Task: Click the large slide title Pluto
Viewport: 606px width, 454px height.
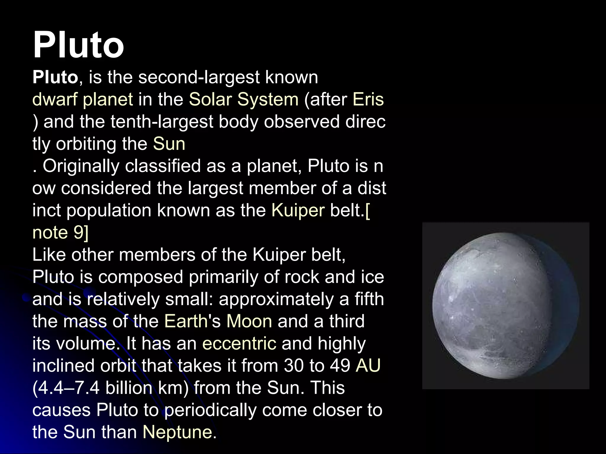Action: [78, 45]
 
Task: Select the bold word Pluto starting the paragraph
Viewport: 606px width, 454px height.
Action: [55, 77]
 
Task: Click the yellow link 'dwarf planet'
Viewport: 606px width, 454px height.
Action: [83, 100]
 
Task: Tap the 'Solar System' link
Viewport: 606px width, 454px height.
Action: [244, 100]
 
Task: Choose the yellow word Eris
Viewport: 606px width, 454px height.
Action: [368, 100]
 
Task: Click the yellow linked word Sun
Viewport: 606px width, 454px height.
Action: [169, 144]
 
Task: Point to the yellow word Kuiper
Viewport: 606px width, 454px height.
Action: [298, 210]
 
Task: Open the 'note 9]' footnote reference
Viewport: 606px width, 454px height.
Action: [60, 233]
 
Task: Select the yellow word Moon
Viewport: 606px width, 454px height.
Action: [249, 321]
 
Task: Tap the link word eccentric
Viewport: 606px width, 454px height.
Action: [239, 343]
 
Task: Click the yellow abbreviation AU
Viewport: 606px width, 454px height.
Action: [368, 366]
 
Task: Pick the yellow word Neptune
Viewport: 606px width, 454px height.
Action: [178, 432]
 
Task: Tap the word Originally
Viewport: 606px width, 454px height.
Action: [81, 166]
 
